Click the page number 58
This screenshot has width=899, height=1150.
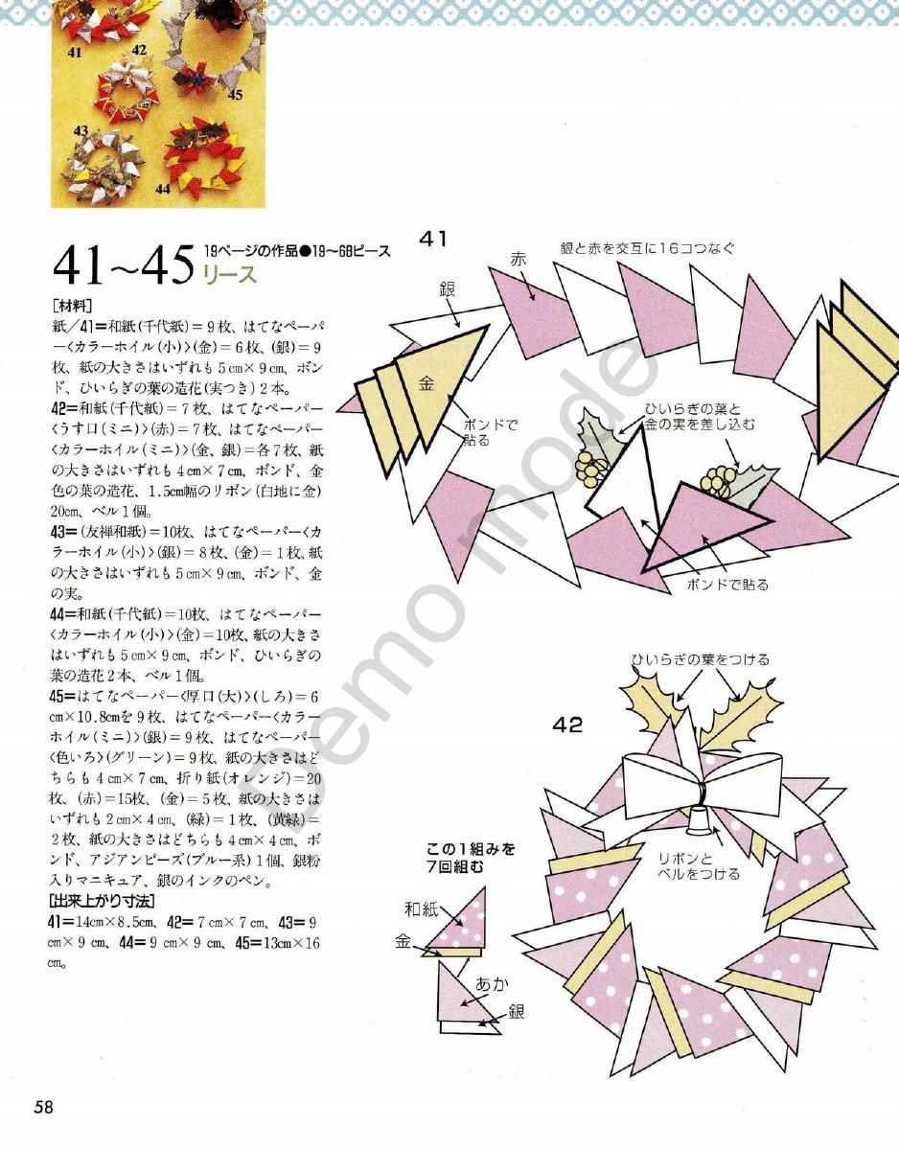coord(43,1108)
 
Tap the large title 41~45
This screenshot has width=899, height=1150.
coord(124,265)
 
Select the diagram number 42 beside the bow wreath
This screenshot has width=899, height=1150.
coord(567,725)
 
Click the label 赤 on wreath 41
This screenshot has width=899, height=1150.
coord(519,258)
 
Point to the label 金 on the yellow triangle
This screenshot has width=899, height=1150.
coord(427,382)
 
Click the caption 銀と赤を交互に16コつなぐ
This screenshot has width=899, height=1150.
coord(648,248)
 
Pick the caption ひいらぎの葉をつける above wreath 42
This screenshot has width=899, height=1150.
coord(700,659)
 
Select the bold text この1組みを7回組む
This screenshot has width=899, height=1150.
coord(472,856)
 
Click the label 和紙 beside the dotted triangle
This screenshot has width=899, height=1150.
coord(421,908)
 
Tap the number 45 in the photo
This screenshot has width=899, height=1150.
coord(236,94)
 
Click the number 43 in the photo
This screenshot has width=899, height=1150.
coord(81,130)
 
